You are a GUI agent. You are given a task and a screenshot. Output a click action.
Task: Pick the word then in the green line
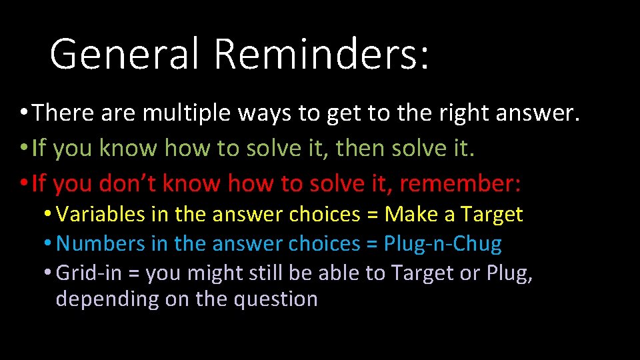(363, 148)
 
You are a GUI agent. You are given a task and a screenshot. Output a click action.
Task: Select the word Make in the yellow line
(408, 215)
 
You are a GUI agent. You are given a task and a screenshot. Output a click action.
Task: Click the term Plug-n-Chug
(443, 244)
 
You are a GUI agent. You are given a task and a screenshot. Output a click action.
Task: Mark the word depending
(105, 299)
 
